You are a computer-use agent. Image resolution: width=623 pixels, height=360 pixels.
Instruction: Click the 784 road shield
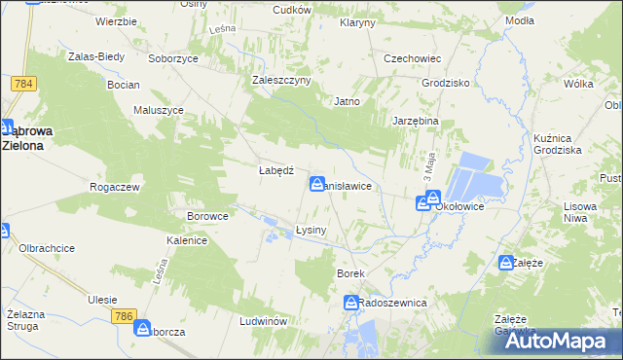pos(24,84)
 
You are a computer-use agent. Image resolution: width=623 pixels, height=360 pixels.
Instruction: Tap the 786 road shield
pos(123,316)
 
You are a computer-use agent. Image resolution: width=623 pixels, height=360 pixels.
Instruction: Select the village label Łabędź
pos(275,169)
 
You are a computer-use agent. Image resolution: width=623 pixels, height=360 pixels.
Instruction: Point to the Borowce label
pos(207,216)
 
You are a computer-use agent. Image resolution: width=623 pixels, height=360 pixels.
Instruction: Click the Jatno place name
pos(348,101)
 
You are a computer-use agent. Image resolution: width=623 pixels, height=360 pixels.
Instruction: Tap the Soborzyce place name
pos(173,58)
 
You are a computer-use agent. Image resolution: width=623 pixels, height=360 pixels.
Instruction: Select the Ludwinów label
pos(260,320)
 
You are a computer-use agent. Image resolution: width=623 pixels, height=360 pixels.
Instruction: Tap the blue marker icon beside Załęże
pos(505,263)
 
